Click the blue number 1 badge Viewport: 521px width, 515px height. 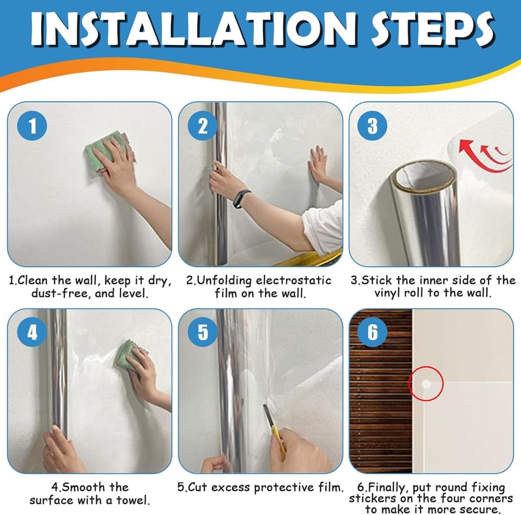pyautogui.click(x=32, y=126)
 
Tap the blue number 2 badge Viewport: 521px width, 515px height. pyautogui.click(x=203, y=126)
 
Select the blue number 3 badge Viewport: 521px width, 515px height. pyautogui.click(x=372, y=126)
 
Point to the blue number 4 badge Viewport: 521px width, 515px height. pyautogui.click(x=32, y=332)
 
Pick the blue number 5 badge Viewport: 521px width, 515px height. pyautogui.click(x=203, y=332)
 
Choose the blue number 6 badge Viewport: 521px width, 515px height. pyautogui.click(x=372, y=332)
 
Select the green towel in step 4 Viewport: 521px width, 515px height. pyautogui.click(x=128, y=356)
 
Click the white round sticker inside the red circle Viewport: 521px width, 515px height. pyautogui.click(x=426, y=384)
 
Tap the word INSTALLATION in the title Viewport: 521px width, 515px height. pyautogui.click(x=193, y=29)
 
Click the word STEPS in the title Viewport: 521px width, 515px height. pyautogui.click(x=432, y=29)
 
